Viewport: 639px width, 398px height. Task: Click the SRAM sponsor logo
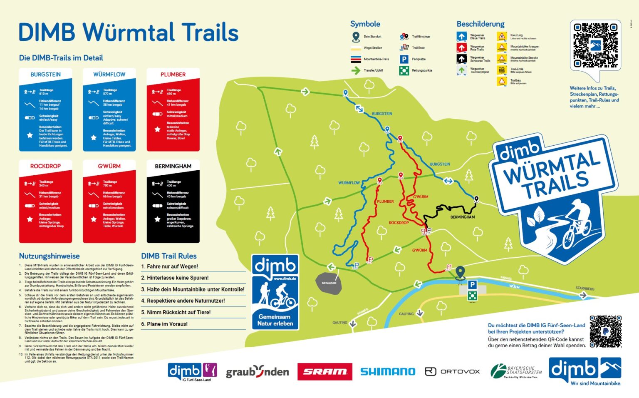click(324, 371)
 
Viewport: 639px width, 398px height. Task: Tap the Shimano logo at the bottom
click(387, 371)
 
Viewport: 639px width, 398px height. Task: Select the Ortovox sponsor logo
click(452, 371)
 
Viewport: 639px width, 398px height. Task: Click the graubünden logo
click(257, 371)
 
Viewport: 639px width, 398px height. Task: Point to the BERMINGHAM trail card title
click(173, 166)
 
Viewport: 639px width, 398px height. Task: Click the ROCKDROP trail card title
click(45, 166)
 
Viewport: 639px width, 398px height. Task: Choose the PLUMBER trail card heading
click(173, 75)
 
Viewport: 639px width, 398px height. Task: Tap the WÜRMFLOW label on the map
click(349, 183)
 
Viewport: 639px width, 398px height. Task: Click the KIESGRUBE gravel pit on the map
click(329, 282)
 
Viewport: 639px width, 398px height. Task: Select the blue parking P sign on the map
click(472, 285)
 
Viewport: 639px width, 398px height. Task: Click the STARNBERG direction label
click(585, 289)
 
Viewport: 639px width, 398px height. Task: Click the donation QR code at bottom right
click(606, 331)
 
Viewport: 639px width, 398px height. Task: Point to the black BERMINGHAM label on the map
click(462, 217)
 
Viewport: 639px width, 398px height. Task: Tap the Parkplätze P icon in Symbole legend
click(404, 60)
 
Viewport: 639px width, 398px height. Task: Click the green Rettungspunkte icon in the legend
click(404, 71)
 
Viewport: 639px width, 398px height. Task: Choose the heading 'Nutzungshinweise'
click(49, 256)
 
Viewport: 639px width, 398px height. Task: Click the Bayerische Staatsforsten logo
click(516, 371)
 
